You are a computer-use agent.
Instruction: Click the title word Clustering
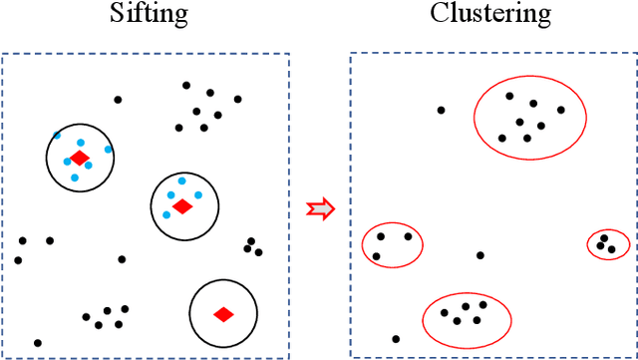(489, 14)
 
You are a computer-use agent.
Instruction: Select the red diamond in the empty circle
(223, 314)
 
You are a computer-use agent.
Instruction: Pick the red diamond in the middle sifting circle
(181, 205)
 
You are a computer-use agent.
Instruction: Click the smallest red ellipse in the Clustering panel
(607, 244)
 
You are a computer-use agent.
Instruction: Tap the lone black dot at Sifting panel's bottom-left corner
(38, 342)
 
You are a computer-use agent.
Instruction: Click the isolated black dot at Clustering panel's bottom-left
(396, 339)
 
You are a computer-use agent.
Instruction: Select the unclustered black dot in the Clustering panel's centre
(480, 255)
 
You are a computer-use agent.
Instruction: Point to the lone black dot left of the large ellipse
(441, 110)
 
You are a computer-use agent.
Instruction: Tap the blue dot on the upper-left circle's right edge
(109, 150)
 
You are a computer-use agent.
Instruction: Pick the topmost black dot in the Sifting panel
(185, 86)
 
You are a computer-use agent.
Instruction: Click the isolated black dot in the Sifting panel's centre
(122, 259)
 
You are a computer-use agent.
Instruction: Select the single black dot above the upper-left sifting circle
(118, 99)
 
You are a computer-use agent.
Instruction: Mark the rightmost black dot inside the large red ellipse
(561, 110)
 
